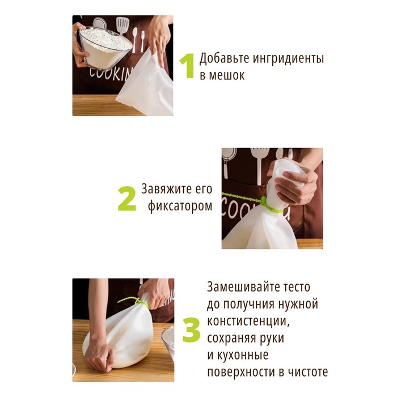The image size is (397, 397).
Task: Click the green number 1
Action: [x=188, y=66]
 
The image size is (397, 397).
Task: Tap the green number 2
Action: [x=127, y=198]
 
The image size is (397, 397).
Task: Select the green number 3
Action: [x=191, y=330]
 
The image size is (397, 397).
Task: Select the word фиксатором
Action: [x=180, y=206]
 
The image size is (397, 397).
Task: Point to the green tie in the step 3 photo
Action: [x=134, y=302]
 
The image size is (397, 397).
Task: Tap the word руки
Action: [x=271, y=339]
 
